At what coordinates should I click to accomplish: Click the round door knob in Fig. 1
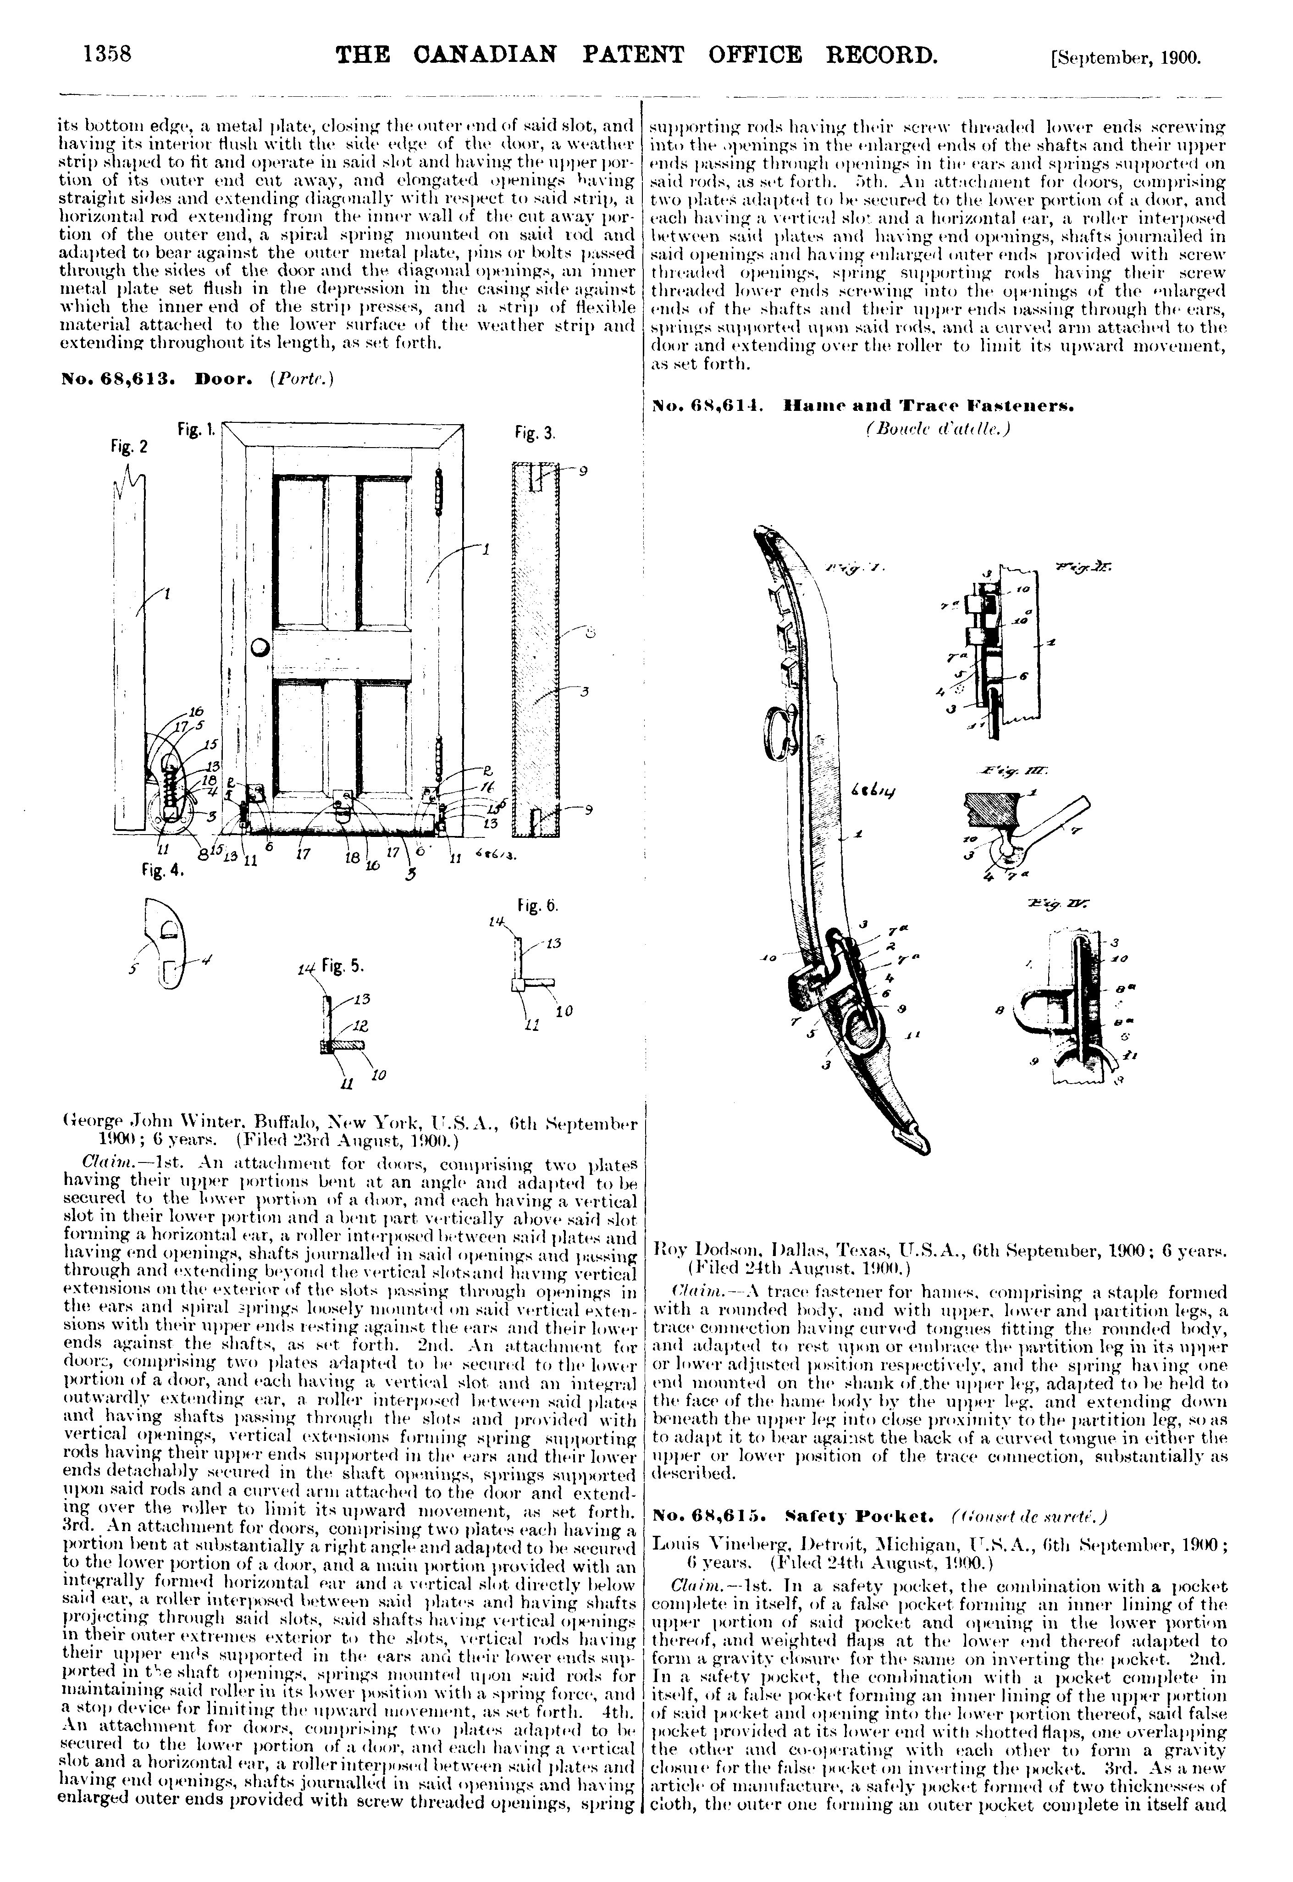click(260, 648)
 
